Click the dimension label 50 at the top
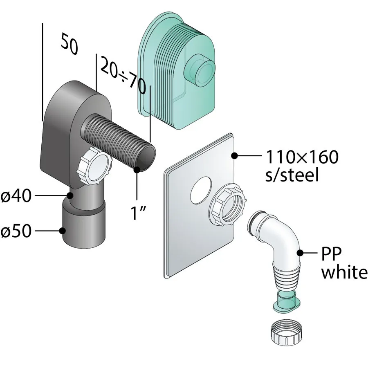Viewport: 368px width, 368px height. [x=69, y=44]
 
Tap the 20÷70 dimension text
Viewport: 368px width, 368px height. [x=123, y=75]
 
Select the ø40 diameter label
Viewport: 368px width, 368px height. [x=16, y=195]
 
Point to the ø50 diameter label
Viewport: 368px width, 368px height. [x=16, y=231]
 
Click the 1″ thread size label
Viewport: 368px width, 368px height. [x=139, y=213]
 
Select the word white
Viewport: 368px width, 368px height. [x=344, y=272]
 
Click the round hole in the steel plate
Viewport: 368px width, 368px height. [x=201, y=190]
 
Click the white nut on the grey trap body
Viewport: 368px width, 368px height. [x=95, y=166]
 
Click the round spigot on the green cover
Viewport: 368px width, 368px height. [x=199, y=71]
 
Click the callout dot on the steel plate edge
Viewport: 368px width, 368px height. [x=235, y=155]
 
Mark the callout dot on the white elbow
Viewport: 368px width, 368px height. [x=301, y=253]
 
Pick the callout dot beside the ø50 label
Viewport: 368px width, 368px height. [x=62, y=231]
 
